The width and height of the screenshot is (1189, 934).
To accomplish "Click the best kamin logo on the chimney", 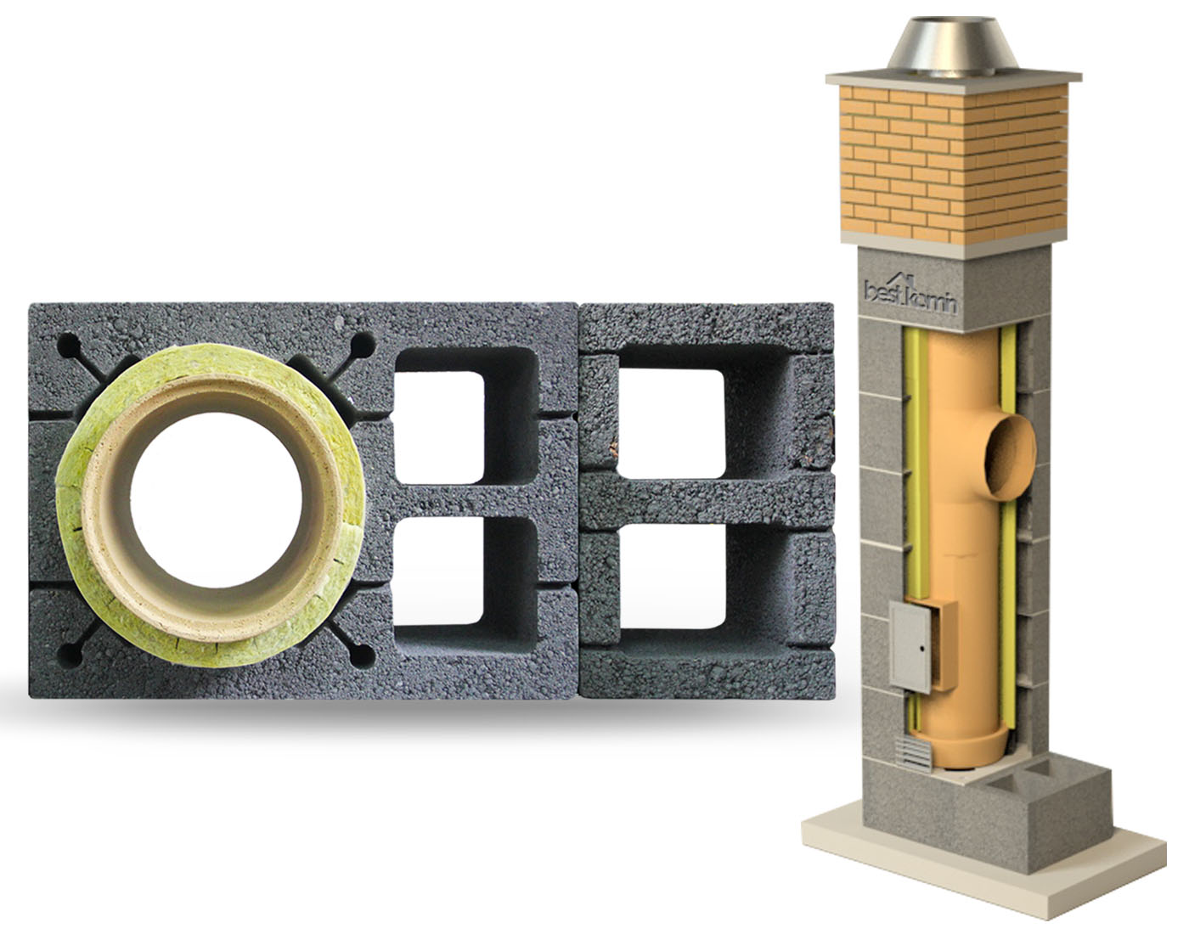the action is tap(910, 295).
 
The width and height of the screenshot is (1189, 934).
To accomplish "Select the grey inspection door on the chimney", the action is tap(910, 647).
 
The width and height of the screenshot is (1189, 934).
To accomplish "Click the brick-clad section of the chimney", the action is tap(953, 166).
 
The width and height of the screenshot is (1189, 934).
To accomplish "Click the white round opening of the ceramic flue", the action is tap(216, 500).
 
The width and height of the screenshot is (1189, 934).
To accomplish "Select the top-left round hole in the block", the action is tap(69, 345).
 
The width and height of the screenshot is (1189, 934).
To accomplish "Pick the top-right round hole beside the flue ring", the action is tap(363, 345).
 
